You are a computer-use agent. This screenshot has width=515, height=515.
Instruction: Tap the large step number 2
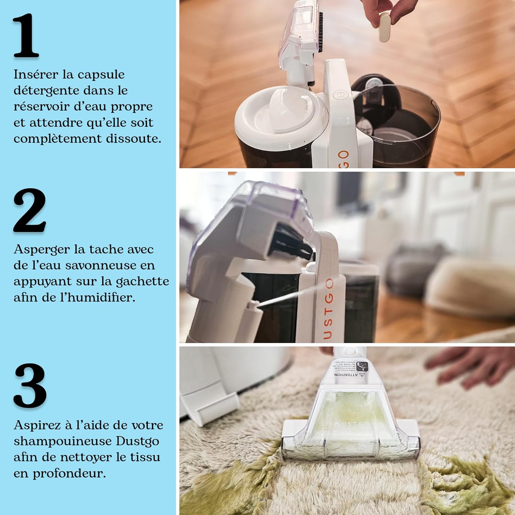(x=30, y=210)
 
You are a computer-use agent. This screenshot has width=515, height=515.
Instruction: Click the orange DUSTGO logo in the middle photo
(x=328, y=309)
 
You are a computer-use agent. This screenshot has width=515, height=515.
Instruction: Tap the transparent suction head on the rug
(x=350, y=426)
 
